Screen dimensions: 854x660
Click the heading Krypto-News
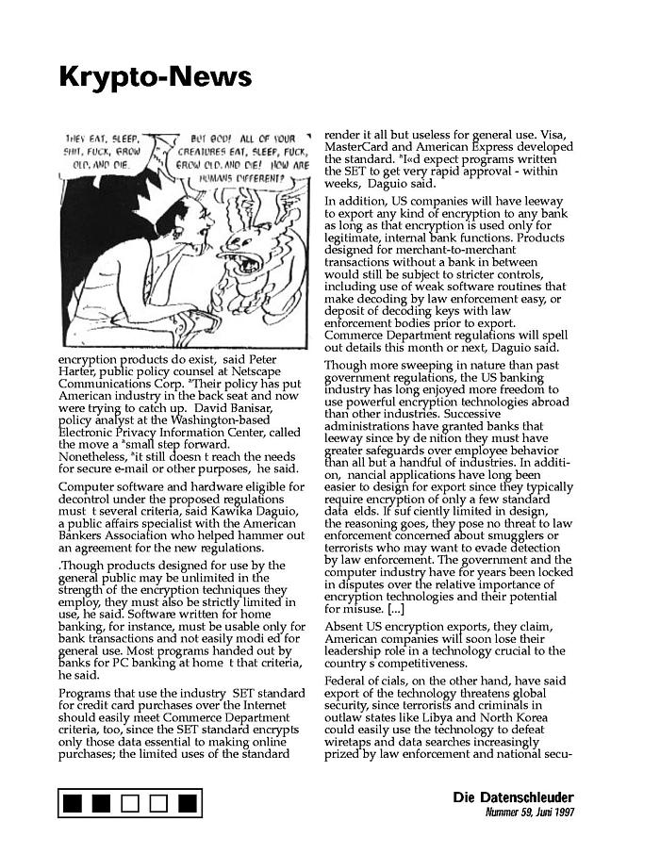pyautogui.click(x=156, y=76)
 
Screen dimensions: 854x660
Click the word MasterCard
pyautogui.click(x=355, y=147)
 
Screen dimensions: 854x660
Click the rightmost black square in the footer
pyautogui.click(x=188, y=803)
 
